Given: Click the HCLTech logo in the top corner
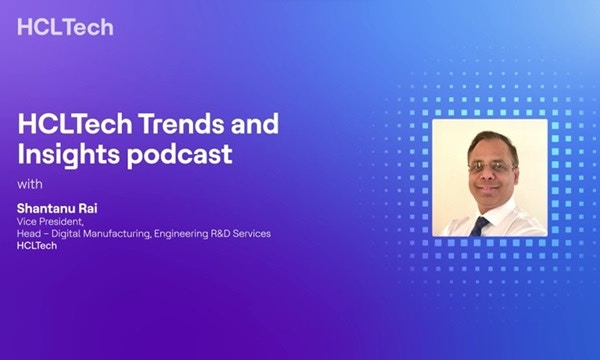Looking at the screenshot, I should tap(64, 27).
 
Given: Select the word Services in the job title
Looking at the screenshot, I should tap(257, 233).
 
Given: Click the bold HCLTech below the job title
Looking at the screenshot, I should tap(37, 246).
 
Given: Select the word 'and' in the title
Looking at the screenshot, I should tap(251, 126).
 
